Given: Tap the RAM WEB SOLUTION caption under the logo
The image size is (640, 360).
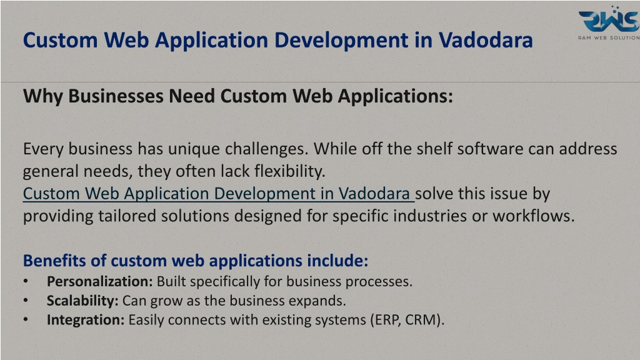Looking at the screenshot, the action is (609, 37).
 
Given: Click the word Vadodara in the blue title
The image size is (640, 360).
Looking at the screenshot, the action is (486, 40).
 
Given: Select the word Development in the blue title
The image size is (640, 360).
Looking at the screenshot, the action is (341, 41).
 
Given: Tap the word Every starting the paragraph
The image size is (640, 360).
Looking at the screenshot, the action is (43, 149).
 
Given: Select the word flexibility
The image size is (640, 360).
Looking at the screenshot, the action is (290, 171).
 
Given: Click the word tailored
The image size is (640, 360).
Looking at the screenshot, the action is (127, 216).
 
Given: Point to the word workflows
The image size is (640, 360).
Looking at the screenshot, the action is (534, 216).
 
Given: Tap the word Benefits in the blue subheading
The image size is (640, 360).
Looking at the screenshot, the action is (54, 261).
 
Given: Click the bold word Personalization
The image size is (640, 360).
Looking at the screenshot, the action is (99, 281).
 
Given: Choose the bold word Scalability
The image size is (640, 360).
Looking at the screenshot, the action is (82, 301).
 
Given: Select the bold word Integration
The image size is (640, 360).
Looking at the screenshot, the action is (85, 319).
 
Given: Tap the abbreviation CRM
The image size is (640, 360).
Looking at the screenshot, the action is (421, 319).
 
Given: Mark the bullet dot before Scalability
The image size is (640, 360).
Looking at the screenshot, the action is (26, 301).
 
